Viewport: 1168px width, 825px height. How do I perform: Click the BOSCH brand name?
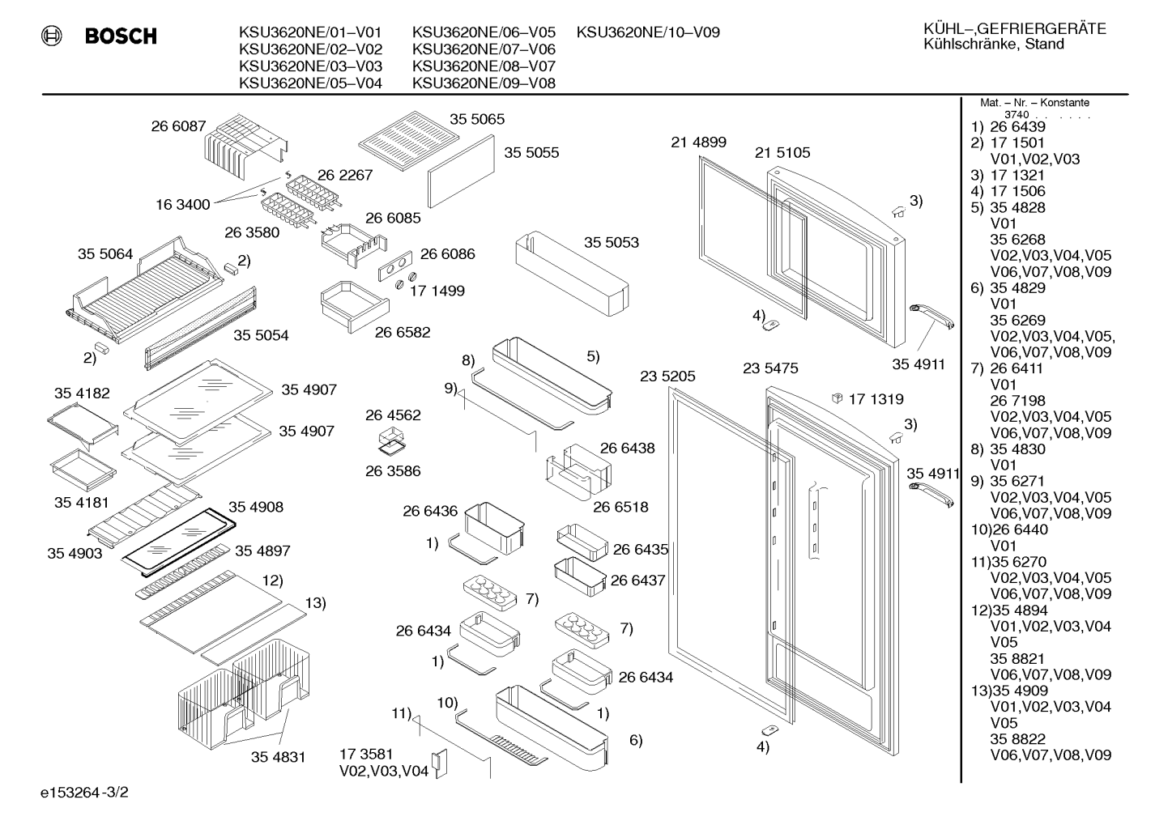(121, 36)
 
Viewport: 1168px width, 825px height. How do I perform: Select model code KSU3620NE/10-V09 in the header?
(648, 32)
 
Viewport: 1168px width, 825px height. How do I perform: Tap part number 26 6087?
(178, 126)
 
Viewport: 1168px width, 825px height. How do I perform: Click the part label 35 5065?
(477, 119)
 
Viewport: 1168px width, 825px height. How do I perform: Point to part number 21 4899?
(698, 142)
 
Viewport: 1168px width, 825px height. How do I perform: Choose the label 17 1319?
(876, 399)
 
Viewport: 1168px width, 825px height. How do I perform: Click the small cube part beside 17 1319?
(837, 398)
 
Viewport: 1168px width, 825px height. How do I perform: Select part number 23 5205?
(667, 376)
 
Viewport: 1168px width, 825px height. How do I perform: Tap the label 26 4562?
(393, 415)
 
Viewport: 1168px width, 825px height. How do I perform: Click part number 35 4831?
(278, 757)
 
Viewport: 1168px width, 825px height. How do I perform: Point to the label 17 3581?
(366, 754)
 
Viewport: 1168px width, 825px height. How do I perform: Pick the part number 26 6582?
(403, 333)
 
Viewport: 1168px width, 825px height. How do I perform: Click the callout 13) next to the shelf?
(315, 603)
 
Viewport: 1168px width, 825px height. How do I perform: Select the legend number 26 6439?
(1018, 127)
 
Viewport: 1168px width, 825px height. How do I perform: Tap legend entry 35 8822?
(1018, 739)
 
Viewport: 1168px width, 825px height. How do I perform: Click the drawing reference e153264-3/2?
(84, 793)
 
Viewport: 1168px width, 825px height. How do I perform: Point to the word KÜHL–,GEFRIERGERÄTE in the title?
(1015, 28)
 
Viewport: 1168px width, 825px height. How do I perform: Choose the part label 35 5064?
(105, 254)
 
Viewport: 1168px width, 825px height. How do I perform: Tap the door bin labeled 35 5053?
(572, 274)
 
